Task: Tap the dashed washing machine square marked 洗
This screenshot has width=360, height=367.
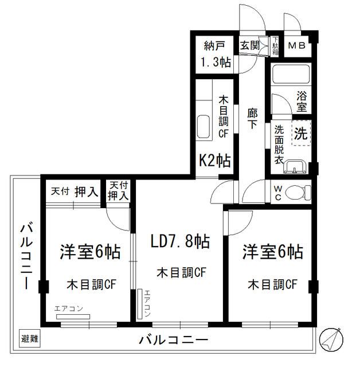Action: [300, 133]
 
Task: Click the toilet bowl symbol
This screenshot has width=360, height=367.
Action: [296, 192]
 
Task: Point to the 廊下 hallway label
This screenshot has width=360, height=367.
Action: [251, 120]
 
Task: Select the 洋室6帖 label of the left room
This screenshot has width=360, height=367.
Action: [90, 252]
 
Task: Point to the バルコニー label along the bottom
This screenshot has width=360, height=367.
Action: [173, 340]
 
